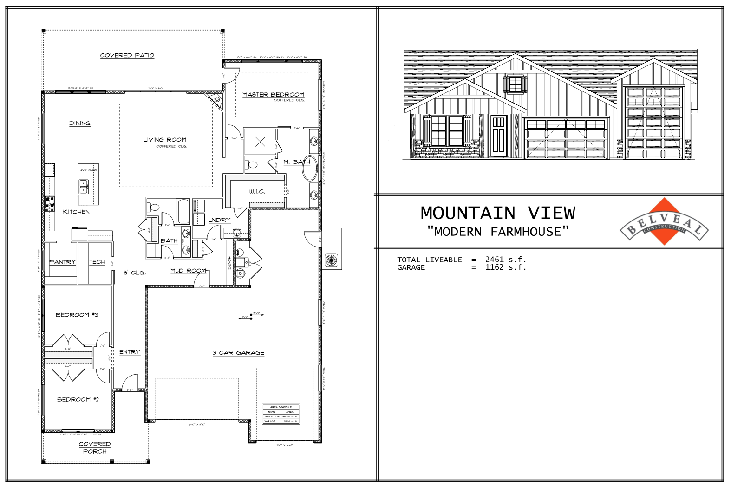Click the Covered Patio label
pyautogui.click(x=127, y=55)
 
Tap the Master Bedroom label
pyautogui.click(x=273, y=94)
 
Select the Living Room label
pyautogui.click(x=165, y=140)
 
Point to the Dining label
pyautogui.click(x=80, y=123)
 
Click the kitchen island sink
pyautogui.click(x=84, y=186)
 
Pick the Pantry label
pyautogui.click(x=62, y=262)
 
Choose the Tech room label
pyautogui.click(x=97, y=262)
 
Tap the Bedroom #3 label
pyautogui.click(x=77, y=315)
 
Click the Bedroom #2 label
pyautogui.click(x=78, y=399)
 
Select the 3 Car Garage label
pyautogui.click(x=238, y=353)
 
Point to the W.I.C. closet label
pyautogui.click(x=257, y=191)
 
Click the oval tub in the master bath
pyautogui.click(x=309, y=168)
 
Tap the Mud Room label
pyautogui.click(x=188, y=271)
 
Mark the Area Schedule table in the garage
pyautogui.click(x=281, y=414)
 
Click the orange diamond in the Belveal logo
pyautogui.click(x=664, y=221)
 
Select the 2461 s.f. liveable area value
pyautogui.click(x=505, y=260)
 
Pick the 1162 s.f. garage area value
pyautogui.click(x=505, y=267)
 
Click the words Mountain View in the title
pyautogui.click(x=498, y=213)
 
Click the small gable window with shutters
pyautogui.click(x=515, y=84)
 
